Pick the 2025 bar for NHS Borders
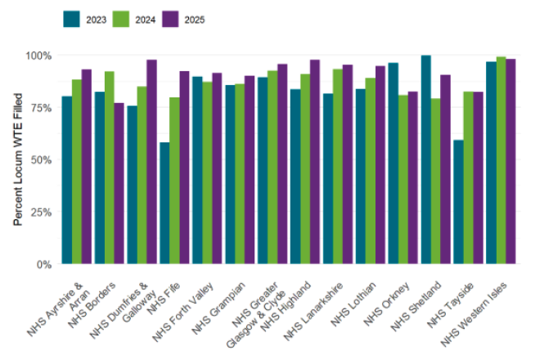[x=119, y=183]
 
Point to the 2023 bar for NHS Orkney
[x=393, y=164]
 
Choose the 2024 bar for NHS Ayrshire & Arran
[x=76, y=172]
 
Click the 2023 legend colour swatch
[x=72, y=19]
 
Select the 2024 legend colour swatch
[x=121, y=19]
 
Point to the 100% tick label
[x=38, y=56]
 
